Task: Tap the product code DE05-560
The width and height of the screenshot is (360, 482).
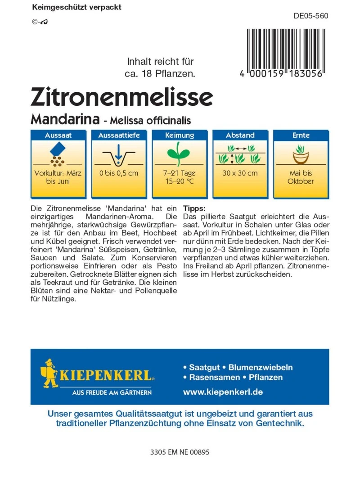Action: click(310, 16)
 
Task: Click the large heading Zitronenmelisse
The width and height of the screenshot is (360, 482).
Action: click(121, 96)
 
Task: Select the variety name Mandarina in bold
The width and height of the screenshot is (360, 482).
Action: click(65, 120)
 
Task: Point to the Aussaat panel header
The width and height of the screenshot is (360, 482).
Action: click(58, 135)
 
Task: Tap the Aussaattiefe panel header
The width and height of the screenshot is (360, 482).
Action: click(119, 135)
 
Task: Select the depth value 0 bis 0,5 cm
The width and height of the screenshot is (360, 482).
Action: click(119, 173)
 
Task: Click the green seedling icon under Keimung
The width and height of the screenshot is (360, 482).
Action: click(180, 153)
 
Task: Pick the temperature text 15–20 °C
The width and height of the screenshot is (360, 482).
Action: click(180, 181)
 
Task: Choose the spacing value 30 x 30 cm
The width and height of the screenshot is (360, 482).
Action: click(240, 173)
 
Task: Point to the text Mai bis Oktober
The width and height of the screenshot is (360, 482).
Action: click(301, 177)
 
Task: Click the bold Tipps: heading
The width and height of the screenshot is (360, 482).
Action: click(194, 208)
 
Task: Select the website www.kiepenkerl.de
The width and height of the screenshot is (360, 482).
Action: click(223, 392)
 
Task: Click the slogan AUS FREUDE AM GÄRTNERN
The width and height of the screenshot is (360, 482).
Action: click(112, 392)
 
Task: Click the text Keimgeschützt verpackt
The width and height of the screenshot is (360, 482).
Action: click(76, 8)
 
